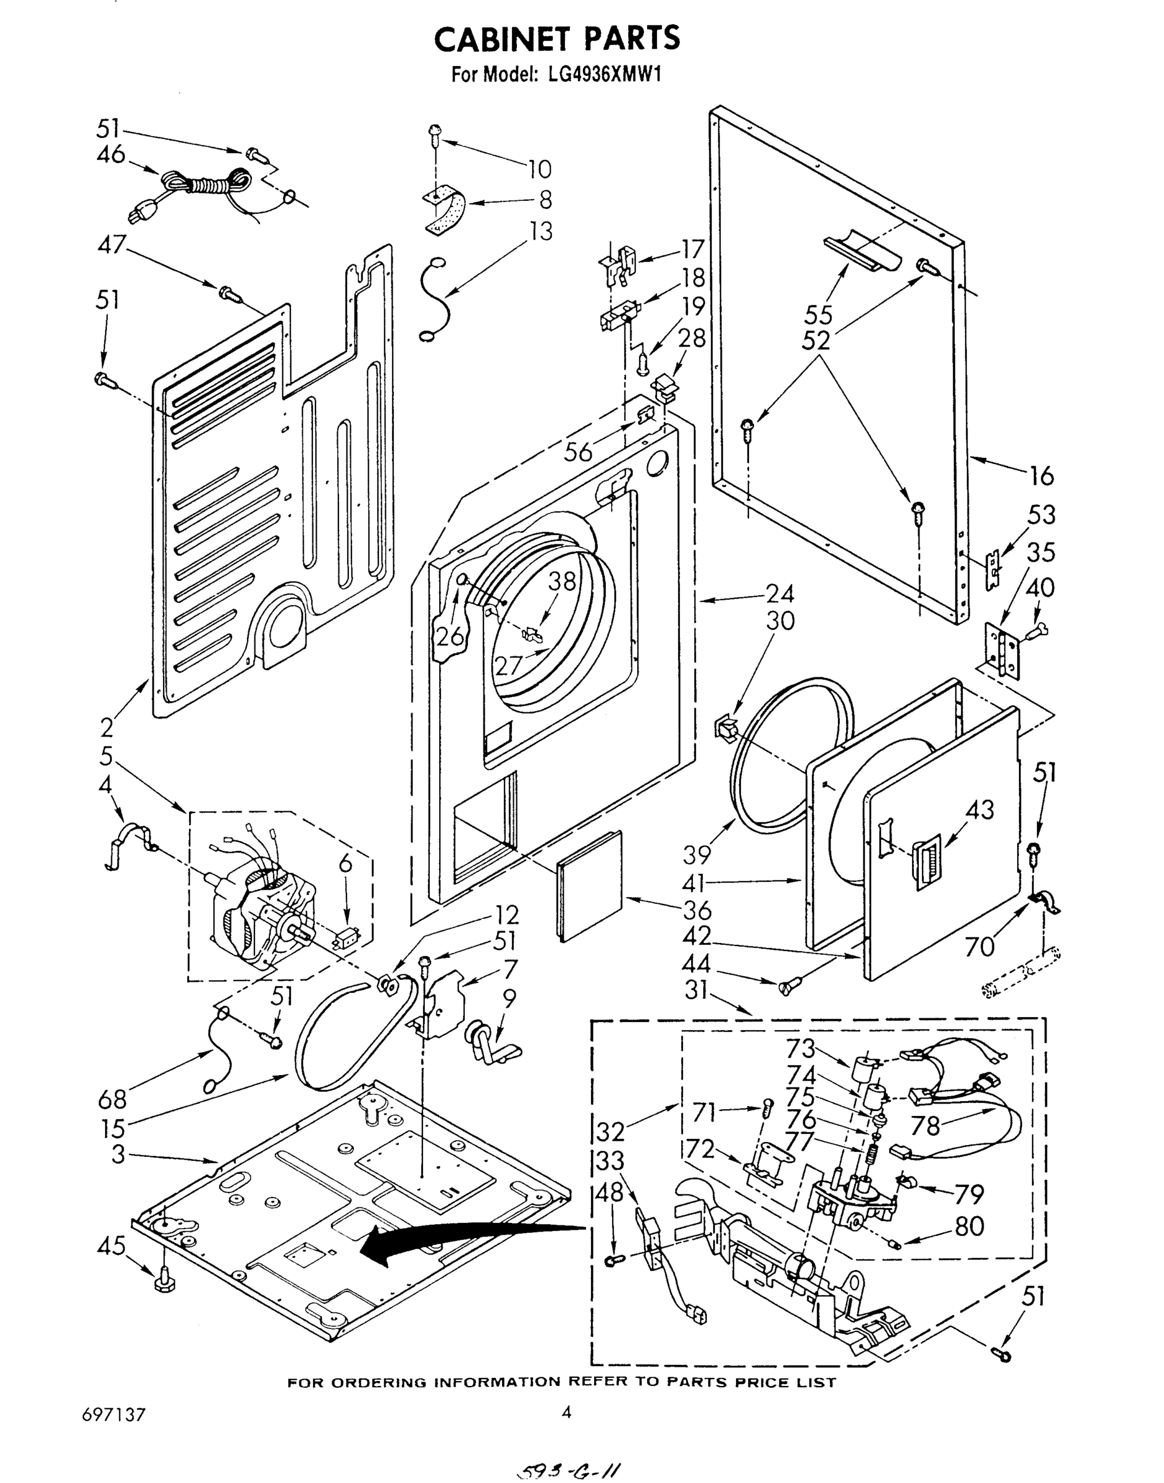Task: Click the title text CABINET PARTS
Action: tap(557, 39)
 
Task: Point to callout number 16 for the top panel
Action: tap(1041, 475)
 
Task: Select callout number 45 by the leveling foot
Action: tap(111, 1246)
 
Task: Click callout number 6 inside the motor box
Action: tap(346, 864)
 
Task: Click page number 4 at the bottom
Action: tap(566, 1412)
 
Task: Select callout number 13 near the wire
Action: tap(541, 231)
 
